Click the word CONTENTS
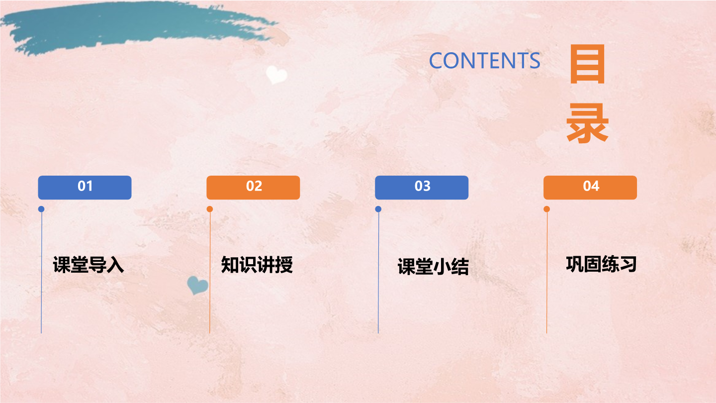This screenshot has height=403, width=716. coord(485,61)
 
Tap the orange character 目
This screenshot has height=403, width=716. coord(588,64)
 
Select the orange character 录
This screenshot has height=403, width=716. coord(588,123)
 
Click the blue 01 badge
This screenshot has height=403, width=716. coord(85,188)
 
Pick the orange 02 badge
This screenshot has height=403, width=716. coord(253,188)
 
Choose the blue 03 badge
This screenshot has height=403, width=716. coord(422,188)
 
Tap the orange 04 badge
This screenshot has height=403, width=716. coord(590,188)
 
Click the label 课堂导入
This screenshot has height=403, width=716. coord(88,265)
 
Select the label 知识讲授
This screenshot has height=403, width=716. coord(257,265)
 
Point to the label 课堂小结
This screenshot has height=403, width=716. coord(433,267)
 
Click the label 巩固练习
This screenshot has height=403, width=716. coord(601,264)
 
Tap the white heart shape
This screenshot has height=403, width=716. coord(276,75)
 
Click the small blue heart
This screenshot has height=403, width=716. coord(197,285)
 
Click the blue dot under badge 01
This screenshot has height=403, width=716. coord(41,209)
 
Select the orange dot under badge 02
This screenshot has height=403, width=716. coord(210,209)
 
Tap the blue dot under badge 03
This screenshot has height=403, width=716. coord(378,209)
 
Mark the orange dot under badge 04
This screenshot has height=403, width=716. coord(546,209)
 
